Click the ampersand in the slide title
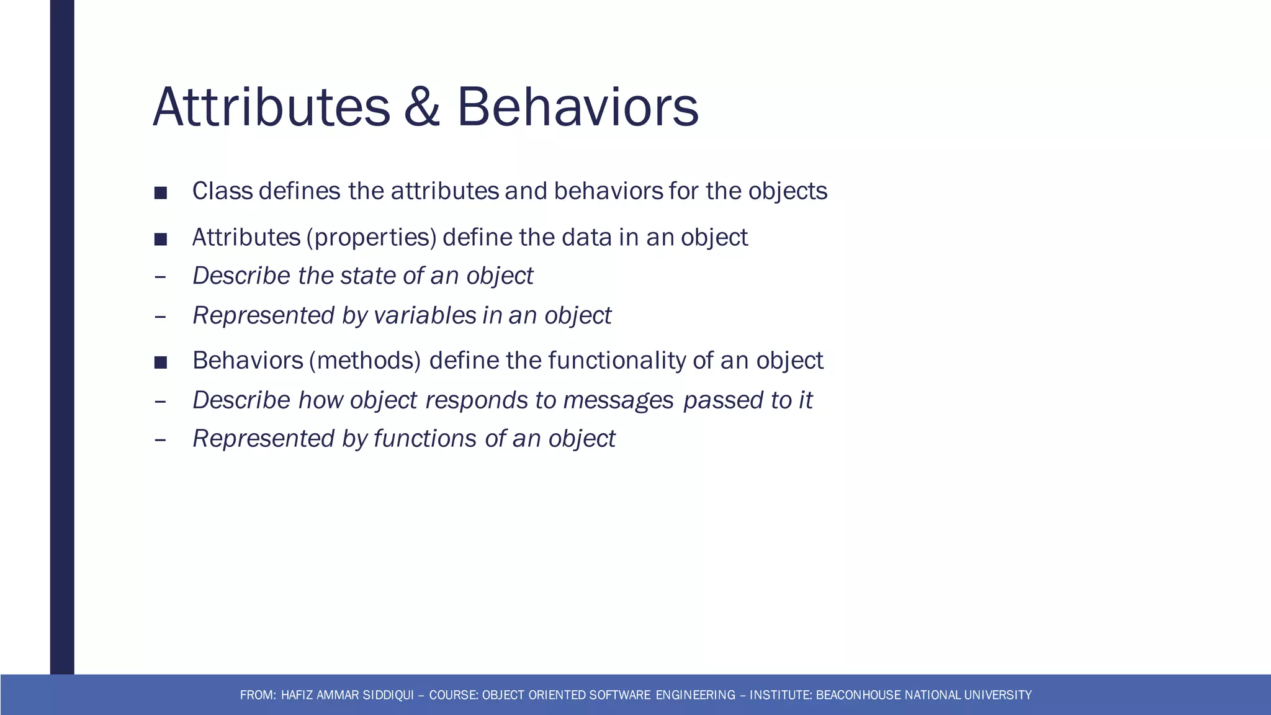pyautogui.click(x=421, y=107)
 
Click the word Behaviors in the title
pyautogui.click(x=577, y=107)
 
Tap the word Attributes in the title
pyautogui.click(x=271, y=107)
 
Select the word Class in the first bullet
pyautogui.click(x=222, y=191)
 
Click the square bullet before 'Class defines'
pyautogui.click(x=161, y=193)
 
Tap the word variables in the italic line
pyautogui.click(x=424, y=315)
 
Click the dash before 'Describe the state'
pyautogui.click(x=160, y=277)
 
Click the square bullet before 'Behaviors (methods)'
pyautogui.click(x=161, y=362)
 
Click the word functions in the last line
pyautogui.click(x=424, y=439)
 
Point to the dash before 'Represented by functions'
pyautogui.click(x=160, y=440)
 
